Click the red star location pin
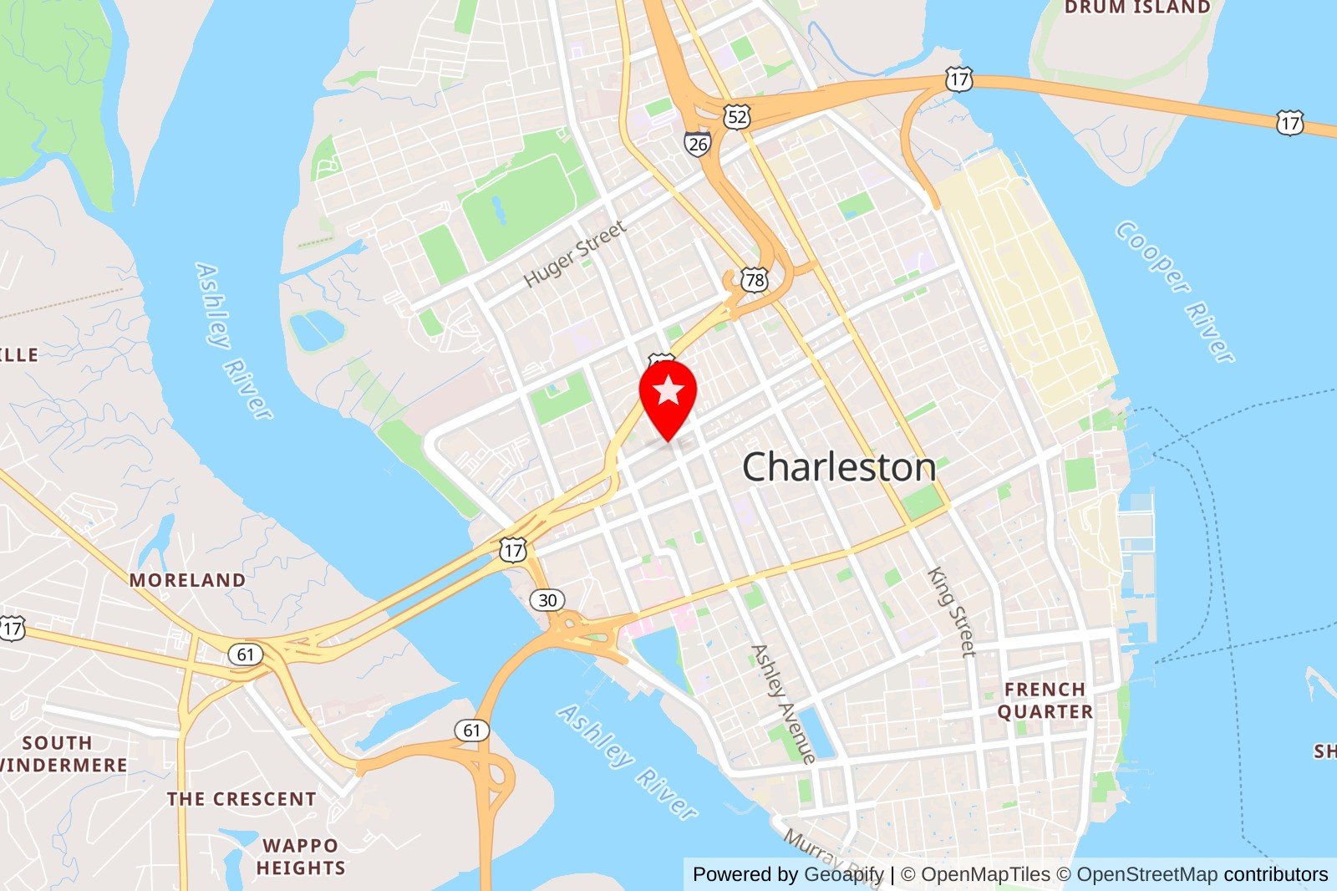click(x=668, y=393)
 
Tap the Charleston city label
click(x=839, y=466)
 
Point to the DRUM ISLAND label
click(x=1137, y=8)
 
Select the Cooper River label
click(x=1174, y=292)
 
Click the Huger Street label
click(x=575, y=253)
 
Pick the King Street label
click(x=952, y=612)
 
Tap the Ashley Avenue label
click(x=783, y=704)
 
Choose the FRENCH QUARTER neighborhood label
click(x=1045, y=700)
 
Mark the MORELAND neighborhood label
click(x=187, y=580)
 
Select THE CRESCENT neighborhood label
click(x=241, y=799)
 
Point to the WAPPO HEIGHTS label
click(x=301, y=857)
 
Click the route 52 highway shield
click(x=736, y=117)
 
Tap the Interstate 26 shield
click(x=696, y=144)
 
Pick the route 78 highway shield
click(x=755, y=279)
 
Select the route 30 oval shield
click(x=547, y=600)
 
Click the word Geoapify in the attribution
click(x=843, y=874)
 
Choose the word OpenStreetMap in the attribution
click(x=1146, y=874)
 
